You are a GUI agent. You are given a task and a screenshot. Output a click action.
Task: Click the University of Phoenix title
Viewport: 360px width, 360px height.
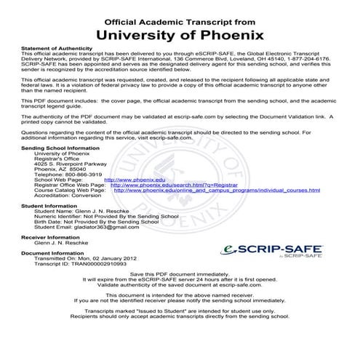click(180, 33)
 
